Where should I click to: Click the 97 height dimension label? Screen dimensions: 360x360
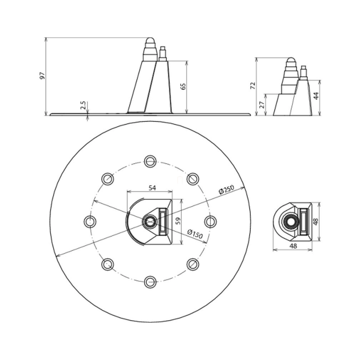[x=42, y=76]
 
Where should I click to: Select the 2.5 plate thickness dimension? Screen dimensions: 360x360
[x=83, y=105]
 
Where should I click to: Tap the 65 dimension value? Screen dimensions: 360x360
[x=183, y=86]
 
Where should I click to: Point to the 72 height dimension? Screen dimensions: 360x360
[x=253, y=86]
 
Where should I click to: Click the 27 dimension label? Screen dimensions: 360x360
[x=262, y=105]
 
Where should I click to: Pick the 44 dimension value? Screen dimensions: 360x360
[x=317, y=96]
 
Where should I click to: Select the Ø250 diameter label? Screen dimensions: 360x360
[x=226, y=190]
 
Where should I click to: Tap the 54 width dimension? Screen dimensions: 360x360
[x=152, y=188]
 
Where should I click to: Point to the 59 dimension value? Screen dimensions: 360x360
[x=178, y=221]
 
